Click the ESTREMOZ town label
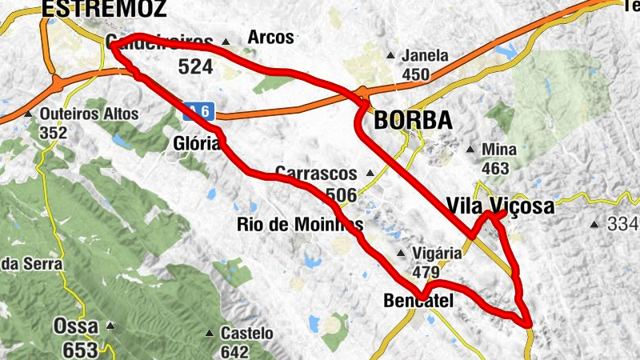104,9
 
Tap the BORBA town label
413,121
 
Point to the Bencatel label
418,301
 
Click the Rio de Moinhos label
300,224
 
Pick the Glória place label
196,144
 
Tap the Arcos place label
271,38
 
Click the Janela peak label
426,57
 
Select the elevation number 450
416,75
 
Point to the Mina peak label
499,150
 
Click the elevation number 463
496,168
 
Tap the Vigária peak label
437,254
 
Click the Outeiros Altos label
89,114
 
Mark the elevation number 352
53,133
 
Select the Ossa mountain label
75,326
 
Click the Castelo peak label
247,333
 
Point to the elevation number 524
195,67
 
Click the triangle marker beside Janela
390,56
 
